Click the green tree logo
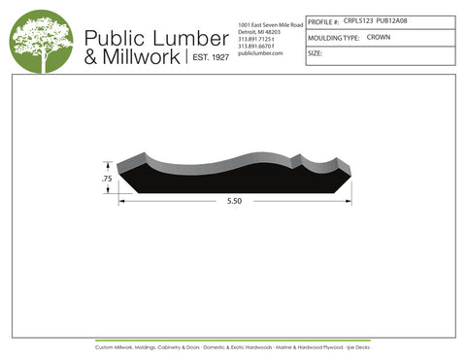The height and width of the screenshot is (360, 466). (42, 40)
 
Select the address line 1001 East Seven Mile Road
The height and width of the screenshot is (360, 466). (270, 23)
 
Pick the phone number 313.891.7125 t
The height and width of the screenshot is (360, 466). (256, 39)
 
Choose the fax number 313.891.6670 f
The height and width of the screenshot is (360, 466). (257, 46)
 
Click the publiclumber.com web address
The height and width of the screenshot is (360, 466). (259, 53)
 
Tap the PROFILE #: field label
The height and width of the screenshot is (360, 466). (323, 19)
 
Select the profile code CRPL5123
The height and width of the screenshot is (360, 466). (357, 18)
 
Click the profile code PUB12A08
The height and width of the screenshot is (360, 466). (393, 18)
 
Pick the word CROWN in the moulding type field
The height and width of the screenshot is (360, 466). (379, 37)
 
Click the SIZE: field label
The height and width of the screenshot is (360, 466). (315, 54)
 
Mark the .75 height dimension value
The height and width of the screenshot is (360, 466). (107, 180)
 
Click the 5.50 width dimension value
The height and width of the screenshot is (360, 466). (234, 200)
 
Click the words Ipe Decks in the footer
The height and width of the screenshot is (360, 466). (359, 346)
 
